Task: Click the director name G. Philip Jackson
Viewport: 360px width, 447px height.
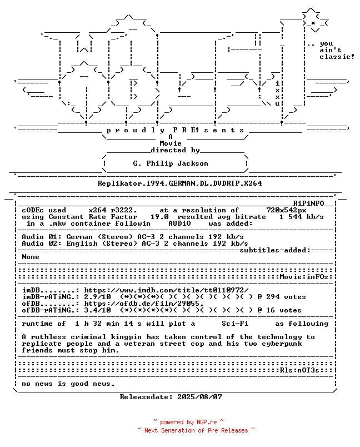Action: coord(171,163)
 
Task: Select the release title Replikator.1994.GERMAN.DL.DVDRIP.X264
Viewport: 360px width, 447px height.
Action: coord(179,183)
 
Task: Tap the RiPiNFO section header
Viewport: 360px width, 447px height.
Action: coord(309,203)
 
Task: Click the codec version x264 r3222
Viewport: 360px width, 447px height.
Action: coord(113,210)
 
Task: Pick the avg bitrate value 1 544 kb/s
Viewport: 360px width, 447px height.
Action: coord(302,217)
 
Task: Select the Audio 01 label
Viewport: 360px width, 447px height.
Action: coord(42,237)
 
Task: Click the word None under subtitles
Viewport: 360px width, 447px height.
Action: coord(31,257)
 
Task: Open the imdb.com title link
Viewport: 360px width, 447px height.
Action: coord(166,290)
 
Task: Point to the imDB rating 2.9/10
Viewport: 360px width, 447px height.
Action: coord(97,297)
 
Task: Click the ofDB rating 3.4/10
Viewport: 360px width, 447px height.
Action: coord(97,310)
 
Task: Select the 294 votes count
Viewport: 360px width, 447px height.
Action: coord(286,297)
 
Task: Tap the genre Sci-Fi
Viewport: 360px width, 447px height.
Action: coord(235,324)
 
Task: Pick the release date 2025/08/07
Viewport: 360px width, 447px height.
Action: coord(199,397)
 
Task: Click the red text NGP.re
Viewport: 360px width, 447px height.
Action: coord(207,422)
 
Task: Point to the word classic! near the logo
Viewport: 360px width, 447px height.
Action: coord(337,57)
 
